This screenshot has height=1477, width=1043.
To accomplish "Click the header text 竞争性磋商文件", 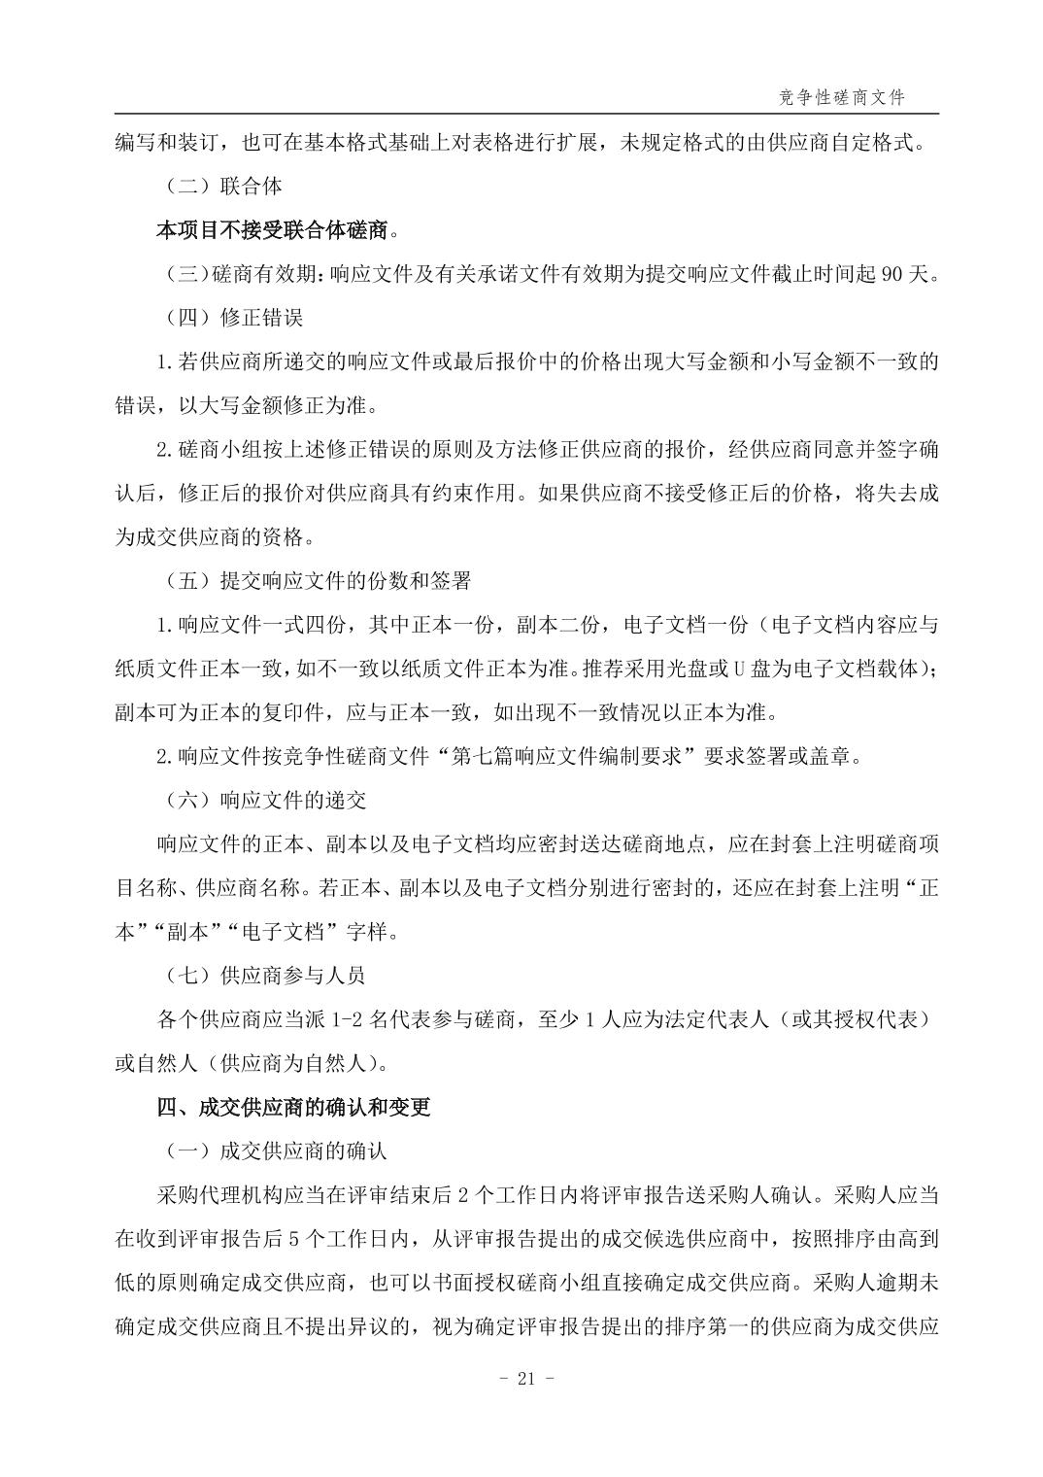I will pos(842,97).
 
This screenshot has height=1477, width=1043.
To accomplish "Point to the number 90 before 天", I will pos(892,274).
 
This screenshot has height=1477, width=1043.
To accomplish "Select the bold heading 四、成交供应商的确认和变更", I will pos(293,1108).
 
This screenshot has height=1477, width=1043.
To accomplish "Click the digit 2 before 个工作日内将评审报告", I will pos(570,1195).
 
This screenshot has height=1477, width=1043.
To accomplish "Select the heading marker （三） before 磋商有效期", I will pos(183,274).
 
